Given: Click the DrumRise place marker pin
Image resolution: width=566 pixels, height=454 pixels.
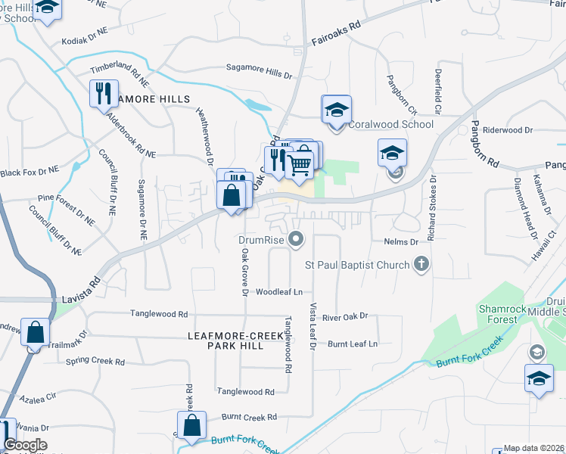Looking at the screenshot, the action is pyautogui.click(x=297, y=241).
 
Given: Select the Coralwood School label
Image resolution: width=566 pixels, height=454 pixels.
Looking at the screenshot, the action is pyautogui.click(x=391, y=124).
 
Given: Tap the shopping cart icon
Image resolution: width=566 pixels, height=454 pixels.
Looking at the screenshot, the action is pyautogui.click(x=300, y=163).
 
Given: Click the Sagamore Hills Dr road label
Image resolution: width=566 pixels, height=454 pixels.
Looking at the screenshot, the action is pyautogui.click(x=259, y=70).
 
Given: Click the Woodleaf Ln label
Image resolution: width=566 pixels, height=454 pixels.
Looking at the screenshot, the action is pyautogui.click(x=278, y=291).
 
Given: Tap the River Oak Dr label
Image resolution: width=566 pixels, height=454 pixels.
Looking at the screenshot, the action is pyautogui.click(x=344, y=316).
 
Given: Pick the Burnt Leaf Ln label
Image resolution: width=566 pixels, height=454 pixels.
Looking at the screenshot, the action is pyautogui.click(x=352, y=344).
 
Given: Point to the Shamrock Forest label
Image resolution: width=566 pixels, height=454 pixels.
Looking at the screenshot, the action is pyautogui.click(x=498, y=314).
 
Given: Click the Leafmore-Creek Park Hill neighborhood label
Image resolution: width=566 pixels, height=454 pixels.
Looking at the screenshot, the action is pyautogui.click(x=225, y=340).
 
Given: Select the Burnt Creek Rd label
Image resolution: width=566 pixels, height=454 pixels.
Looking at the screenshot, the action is pyautogui.click(x=250, y=417).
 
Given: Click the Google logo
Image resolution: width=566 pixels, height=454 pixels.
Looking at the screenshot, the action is pyautogui.click(x=25, y=445).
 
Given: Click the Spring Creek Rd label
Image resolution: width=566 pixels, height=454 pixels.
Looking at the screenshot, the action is pyautogui.click(x=95, y=362).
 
